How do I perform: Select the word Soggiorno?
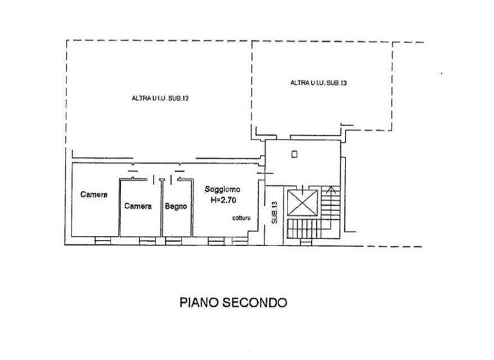pos(223,190)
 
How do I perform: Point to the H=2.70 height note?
pos(222,200)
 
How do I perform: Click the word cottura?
pos(242,219)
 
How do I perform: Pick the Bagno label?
pos(176,206)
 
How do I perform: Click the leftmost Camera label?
pos(93,194)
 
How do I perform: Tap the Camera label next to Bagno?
pos(138,206)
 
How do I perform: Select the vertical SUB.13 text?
pos(273,213)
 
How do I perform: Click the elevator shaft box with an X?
pos(302,202)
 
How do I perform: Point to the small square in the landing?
pos(293,154)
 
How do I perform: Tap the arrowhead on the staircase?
pos(331,189)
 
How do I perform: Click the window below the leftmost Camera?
pos(103,241)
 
